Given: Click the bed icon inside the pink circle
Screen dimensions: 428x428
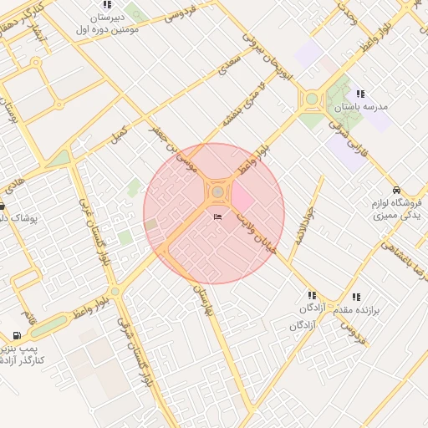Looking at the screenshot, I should pos(219,217).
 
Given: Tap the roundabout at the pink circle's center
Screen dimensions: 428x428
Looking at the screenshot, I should pos(217,193).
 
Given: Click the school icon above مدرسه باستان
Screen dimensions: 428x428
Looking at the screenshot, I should pos(360,94).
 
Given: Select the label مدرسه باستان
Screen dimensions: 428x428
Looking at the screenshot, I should pos(362,108).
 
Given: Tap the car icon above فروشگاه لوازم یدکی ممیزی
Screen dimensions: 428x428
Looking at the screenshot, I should pos(396,190).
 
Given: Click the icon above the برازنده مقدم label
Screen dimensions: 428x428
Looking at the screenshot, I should pos(357,297).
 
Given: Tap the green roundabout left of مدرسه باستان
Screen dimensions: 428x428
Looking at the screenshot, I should pos(312,99).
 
